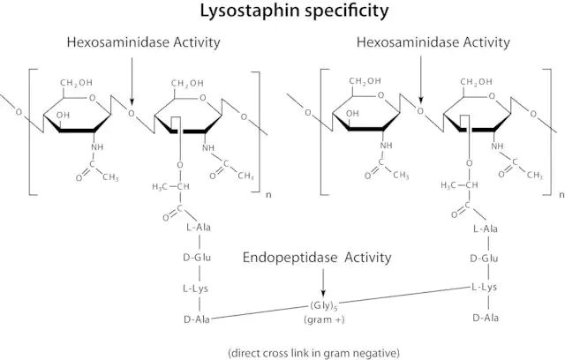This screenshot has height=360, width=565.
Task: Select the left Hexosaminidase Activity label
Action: (143, 42)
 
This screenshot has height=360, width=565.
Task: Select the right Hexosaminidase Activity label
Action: (433, 42)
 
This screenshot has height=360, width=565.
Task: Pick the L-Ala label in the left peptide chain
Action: (199, 228)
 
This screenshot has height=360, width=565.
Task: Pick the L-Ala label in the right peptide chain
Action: (486, 229)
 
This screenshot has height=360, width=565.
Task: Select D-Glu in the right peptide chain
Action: (486, 259)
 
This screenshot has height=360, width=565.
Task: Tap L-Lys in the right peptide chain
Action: (486, 288)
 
